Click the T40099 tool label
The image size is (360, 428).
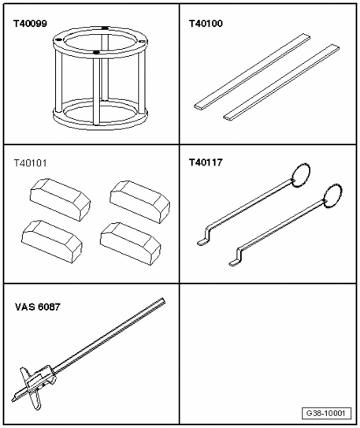point(30,24)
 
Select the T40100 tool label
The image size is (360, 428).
point(206,24)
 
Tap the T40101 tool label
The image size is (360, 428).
point(30,163)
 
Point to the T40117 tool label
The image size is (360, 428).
point(206,162)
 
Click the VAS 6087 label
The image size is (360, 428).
point(37,307)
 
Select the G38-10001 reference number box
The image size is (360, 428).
point(326,413)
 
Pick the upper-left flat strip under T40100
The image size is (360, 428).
point(252,72)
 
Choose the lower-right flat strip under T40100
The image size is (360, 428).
point(281,82)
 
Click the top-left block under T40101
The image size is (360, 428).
point(60,199)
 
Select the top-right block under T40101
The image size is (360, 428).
point(140,202)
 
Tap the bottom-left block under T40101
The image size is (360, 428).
point(51,242)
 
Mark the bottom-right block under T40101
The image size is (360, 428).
point(130,244)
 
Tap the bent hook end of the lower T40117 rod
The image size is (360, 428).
point(237,256)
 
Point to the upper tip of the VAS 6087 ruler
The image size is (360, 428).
point(164,300)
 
